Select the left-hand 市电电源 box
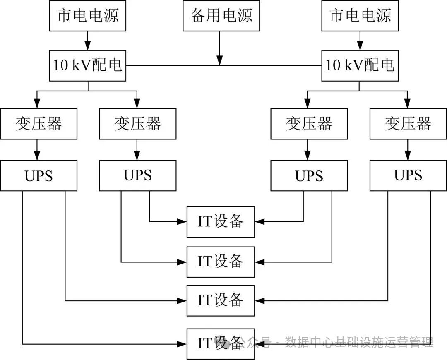tap(88, 16)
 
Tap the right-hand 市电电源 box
tap(360, 16)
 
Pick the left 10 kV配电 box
tap(88, 66)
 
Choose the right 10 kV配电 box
tap(360, 66)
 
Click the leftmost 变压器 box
tap(38, 123)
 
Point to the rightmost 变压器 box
tap(408, 123)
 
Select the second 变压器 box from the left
tap(137, 123)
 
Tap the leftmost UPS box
tap(38, 175)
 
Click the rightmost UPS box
tap(408, 175)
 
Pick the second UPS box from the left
tap(137, 175)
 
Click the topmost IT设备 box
tap(221, 222)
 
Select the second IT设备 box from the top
tap(221, 262)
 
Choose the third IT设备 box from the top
tap(221, 300)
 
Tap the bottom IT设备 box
tap(221, 343)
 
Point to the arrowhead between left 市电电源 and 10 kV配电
tap(88, 46)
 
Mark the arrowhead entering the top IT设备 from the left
tap(182, 222)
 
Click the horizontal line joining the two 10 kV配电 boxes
tap(174, 65)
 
